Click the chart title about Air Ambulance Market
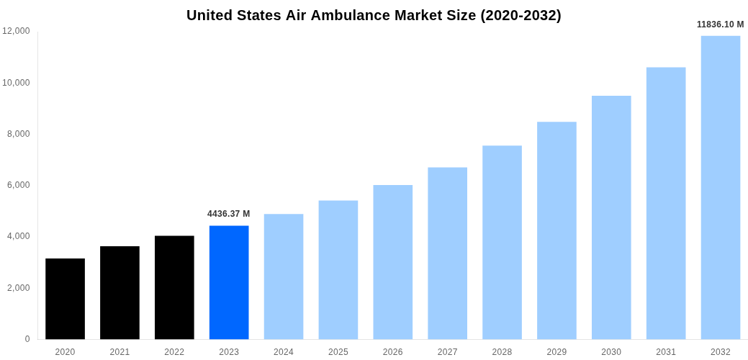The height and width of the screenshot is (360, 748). [x=374, y=15]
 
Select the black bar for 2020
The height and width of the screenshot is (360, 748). [x=65, y=299]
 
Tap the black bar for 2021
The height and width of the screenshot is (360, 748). [x=120, y=293]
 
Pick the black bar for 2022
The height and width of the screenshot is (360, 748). [x=174, y=287]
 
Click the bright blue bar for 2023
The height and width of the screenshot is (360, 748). [x=229, y=282]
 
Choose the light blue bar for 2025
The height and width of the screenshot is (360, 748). [x=338, y=270]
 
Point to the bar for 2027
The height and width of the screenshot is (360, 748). [x=447, y=253]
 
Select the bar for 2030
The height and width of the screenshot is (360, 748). [x=611, y=217]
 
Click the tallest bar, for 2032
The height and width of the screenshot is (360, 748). [x=720, y=187]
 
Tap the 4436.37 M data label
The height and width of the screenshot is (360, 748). [x=229, y=214]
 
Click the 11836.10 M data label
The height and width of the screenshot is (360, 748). [x=720, y=24]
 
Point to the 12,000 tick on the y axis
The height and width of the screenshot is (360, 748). [x=16, y=31]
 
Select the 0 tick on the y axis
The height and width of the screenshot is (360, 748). [x=27, y=339]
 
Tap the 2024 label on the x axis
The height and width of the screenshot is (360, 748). [x=284, y=352]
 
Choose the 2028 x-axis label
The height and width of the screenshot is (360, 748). [x=502, y=352]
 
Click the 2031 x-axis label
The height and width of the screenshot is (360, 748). [x=666, y=352]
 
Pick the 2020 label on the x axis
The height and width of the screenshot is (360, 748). [x=65, y=352]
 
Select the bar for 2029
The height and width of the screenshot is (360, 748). [x=557, y=230]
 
